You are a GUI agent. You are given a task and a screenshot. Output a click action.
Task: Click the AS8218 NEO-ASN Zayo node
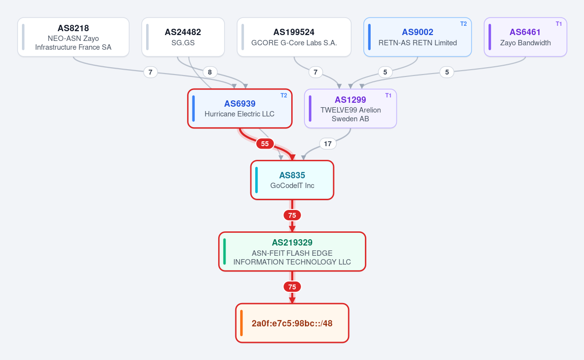74,38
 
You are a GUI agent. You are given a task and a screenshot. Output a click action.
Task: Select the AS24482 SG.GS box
183,38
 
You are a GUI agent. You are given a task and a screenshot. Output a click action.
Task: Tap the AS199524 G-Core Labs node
294,38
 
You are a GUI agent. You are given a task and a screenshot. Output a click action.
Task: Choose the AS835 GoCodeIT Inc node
292,180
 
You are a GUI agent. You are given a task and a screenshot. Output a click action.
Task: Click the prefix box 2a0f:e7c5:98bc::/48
292,323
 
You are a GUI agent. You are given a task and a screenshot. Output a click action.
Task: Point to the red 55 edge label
265,144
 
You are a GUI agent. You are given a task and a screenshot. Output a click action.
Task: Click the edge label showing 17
328,144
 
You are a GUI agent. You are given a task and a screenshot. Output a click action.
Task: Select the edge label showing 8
210,72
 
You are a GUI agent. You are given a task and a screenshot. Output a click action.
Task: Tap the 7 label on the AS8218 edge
151,72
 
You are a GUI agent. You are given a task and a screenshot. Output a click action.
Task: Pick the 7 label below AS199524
316,72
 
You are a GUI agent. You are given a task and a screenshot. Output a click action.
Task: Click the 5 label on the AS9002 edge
385,72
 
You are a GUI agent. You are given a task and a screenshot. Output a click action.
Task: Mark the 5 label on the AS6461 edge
447,72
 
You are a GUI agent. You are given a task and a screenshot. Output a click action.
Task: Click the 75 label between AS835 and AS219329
292,215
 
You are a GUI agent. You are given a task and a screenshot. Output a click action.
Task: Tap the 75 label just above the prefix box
292,286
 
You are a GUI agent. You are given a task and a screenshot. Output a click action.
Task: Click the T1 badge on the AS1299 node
388,95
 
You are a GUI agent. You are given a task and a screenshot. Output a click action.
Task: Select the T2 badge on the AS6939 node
284,95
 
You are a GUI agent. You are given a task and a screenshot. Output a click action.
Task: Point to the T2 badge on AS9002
463,24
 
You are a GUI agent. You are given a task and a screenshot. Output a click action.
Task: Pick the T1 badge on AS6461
559,24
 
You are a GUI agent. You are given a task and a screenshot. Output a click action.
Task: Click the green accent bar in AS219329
224,251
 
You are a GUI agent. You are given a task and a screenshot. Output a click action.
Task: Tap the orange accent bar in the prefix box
242,323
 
